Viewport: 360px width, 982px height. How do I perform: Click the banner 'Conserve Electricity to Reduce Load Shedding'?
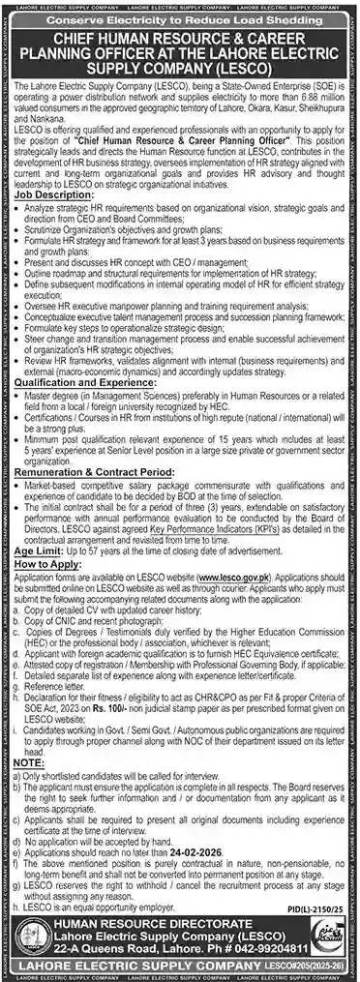coord(179,18)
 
